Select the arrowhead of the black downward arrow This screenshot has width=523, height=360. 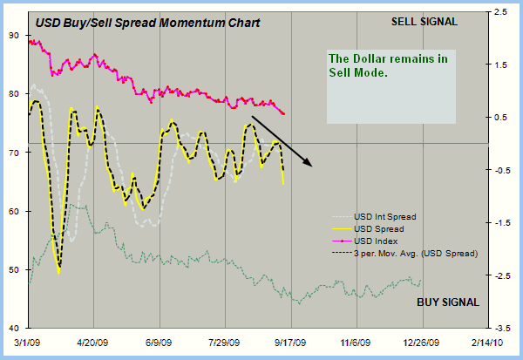pos(309,164)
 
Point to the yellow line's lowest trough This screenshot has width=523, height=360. pos(58,273)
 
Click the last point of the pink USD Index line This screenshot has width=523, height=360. pos(284,113)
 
